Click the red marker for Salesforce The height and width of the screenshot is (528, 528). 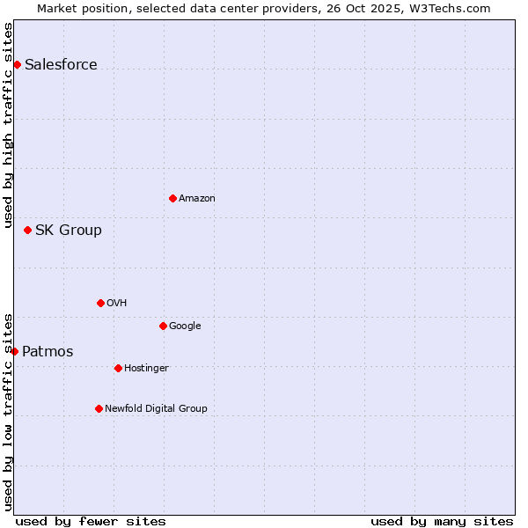tap(17, 64)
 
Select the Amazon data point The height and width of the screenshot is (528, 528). tap(172, 198)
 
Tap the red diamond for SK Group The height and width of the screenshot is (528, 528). tap(27, 230)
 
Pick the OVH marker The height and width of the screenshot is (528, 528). tap(100, 303)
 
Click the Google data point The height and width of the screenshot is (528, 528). tap(163, 326)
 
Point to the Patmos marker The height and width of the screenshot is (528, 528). tap(14, 351)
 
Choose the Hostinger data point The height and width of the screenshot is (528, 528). tap(118, 368)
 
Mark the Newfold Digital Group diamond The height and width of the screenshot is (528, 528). tap(99, 408)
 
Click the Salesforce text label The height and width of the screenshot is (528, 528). tap(61, 64)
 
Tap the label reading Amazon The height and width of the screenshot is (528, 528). tap(196, 198)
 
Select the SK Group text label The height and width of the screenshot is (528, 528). tap(68, 230)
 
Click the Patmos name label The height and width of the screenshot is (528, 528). tap(48, 351)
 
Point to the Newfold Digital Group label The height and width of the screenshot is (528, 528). tap(156, 408)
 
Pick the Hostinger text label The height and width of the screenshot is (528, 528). tap(146, 368)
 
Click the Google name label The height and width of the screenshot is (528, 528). tap(185, 326)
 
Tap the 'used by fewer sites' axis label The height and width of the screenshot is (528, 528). tap(91, 521)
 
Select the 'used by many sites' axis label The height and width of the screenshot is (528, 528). tap(442, 521)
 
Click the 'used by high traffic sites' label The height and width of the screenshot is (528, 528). tap(8, 124)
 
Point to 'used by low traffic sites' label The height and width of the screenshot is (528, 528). tap(8, 412)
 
